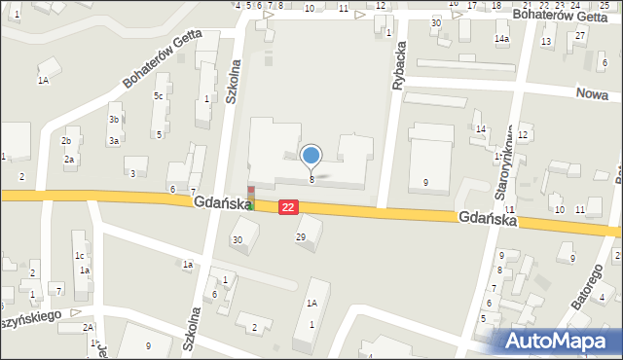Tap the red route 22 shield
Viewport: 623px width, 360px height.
coord(288,207)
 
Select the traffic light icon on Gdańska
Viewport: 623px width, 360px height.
coord(250,198)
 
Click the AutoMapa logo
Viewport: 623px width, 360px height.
coord(561,341)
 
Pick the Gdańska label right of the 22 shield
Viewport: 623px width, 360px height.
coord(488,220)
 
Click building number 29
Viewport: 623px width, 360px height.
coord(301,237)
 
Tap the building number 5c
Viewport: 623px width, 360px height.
coord(158,95)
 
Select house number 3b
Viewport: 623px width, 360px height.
coord(114,120)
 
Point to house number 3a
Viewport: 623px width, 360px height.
coord(114,141)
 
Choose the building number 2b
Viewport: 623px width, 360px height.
coord(66,141)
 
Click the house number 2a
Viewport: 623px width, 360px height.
coord(69,160)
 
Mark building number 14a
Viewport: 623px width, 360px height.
coord(501,38)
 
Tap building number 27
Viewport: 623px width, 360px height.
coord(579,36)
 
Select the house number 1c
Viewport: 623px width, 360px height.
coord(79,256)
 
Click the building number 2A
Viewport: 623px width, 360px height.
coord(88,327)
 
